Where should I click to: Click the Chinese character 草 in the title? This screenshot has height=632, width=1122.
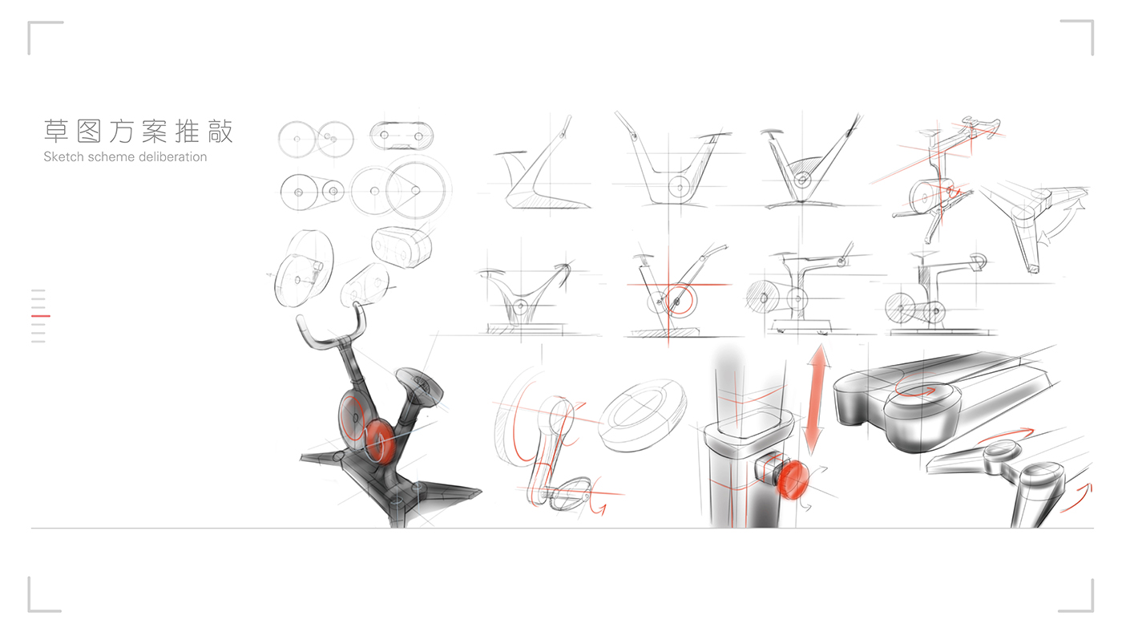click(57, 131)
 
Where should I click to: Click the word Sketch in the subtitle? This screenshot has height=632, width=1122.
click(63, 157)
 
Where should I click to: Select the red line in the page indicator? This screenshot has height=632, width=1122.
click(40, 316)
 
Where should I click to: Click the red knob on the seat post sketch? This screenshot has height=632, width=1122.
click(792, 480)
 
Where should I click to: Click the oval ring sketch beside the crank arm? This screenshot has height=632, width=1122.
click(644, 414)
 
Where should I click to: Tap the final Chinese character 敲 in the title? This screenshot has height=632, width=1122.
click(219, 131)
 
